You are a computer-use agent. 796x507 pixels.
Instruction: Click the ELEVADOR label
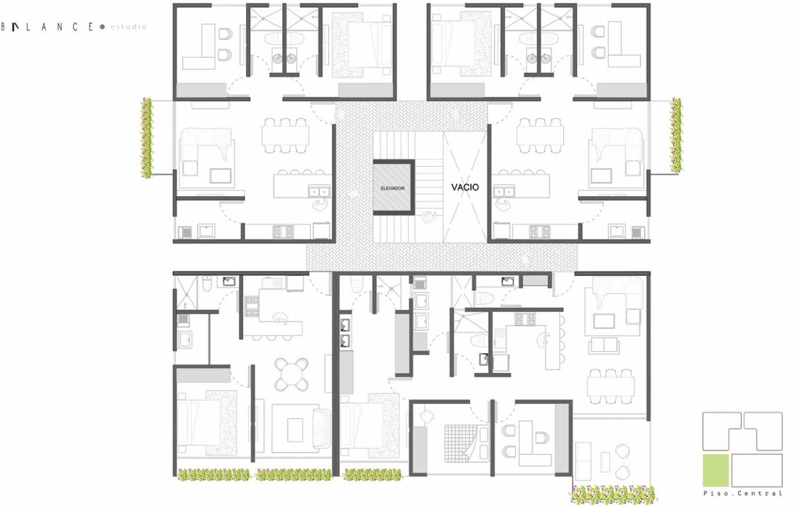pos(393,188)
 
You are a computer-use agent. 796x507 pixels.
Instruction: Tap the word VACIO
pos(465,187)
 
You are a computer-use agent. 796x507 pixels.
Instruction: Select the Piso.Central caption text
pos(743,493)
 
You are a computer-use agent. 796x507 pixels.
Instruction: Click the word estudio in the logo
pos(128,27)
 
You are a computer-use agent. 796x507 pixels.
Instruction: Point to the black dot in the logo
pos(102,27)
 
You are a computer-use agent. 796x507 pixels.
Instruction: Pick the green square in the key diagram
pos(715,470)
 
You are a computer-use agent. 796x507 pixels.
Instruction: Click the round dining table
pos(292,374)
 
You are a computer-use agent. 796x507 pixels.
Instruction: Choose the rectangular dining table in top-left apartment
pos(285,136)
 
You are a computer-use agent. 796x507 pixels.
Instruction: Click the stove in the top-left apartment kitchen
pos(283,232)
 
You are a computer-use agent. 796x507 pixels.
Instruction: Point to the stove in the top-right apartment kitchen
pos(540,232)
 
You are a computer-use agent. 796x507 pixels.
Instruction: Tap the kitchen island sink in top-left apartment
pos(319,191)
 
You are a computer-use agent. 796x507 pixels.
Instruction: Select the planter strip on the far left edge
pos(147,138)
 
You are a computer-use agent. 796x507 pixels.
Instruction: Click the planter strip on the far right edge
pos(676,136)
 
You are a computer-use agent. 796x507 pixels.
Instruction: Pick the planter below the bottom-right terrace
pos(613,495)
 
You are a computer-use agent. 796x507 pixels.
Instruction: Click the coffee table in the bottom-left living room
pos(295,430)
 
